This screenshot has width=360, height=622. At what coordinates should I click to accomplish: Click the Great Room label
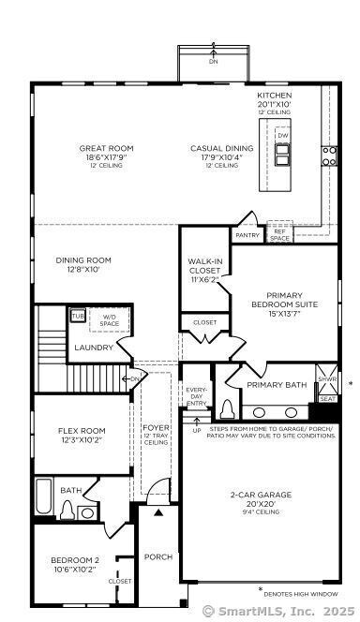pos(106,148)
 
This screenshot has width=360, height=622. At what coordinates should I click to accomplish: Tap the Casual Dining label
pos(221,148)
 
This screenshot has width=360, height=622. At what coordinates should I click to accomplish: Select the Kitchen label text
pos(275,96)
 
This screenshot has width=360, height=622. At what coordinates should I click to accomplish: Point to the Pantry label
pos(247,235)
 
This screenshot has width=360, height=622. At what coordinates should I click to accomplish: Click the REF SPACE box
pos(279,234)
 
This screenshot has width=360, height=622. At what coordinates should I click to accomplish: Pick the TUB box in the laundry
pos(78,315)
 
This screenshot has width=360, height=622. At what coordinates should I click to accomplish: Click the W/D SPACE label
pos(111,320)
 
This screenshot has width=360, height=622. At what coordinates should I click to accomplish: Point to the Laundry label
pos(94,348)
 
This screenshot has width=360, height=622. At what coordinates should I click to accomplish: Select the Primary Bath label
pos(277,384)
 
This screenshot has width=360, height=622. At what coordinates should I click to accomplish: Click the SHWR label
pos(327,379)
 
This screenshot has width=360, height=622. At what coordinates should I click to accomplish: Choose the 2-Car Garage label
pos(261,494)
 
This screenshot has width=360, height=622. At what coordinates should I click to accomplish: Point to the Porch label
pos(158,556)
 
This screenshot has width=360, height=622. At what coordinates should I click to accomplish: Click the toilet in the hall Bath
pos(67,510)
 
